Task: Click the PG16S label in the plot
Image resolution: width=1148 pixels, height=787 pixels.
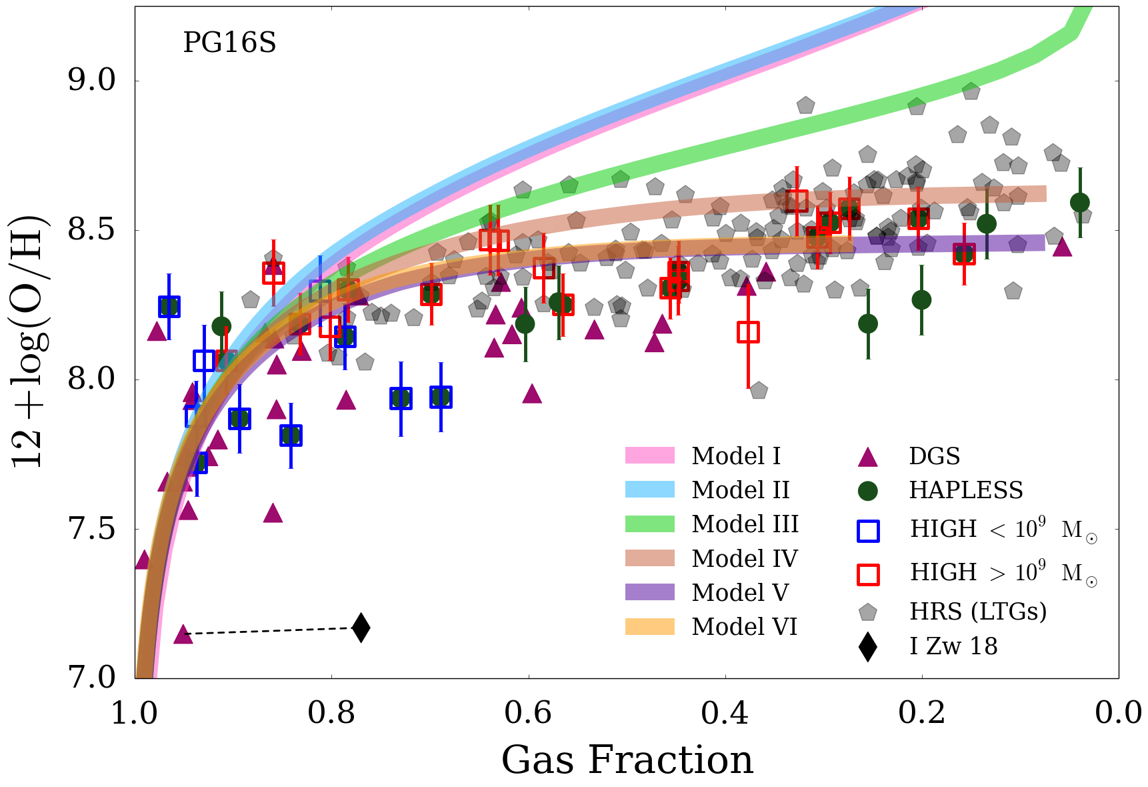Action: pos(229,43)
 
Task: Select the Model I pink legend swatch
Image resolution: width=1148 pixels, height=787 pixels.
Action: pos(649,456)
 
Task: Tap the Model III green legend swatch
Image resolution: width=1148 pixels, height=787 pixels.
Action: pos(649,524)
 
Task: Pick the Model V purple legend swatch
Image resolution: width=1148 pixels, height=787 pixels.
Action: pos(649,592)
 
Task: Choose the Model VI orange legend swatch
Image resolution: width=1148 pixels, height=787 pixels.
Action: pos(649,626)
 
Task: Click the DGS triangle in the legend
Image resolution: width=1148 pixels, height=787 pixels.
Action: pos(867,457)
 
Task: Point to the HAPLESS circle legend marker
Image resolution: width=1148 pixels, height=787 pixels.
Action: pos(867,491)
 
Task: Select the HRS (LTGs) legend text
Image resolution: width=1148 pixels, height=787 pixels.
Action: pos(978,612)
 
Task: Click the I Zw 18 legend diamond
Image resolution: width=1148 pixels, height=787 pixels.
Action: pos(867,646)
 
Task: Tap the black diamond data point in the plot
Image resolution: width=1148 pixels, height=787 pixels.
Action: pos(361,628)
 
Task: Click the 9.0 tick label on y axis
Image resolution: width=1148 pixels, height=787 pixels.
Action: pos(91,81)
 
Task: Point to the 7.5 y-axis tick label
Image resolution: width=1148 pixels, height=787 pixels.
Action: pos(91,529)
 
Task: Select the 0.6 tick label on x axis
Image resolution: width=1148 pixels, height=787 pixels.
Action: pos(528,713)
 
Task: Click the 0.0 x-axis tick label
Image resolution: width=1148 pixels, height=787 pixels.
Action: pos(1118,713)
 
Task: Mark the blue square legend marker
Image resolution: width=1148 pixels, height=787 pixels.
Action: pos(867,531)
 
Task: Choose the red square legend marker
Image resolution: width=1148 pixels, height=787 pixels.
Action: pos(867,574)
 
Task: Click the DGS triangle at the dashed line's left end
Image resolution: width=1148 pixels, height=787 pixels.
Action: pos(183,635)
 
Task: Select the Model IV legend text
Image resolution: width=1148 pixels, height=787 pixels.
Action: pos(745,558)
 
